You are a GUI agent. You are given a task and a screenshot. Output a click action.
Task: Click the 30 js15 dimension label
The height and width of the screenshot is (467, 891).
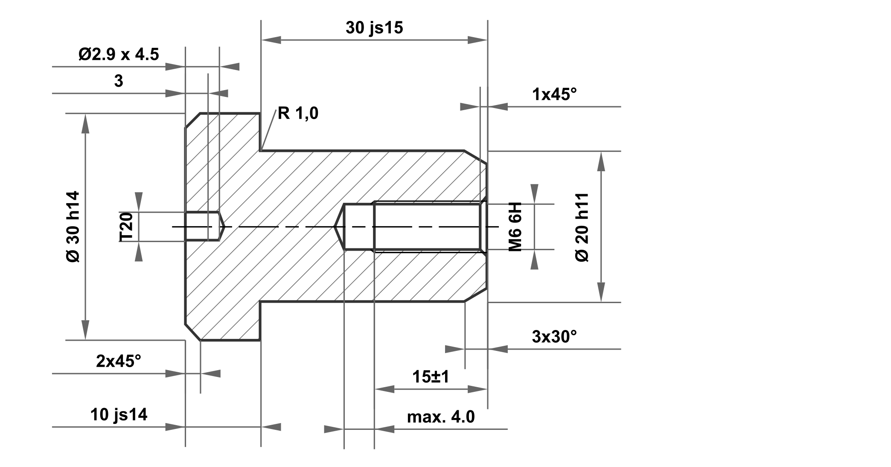pos(374,28)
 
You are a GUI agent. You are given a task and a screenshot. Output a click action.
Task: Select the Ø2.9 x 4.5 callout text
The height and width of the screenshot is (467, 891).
pos(119,55)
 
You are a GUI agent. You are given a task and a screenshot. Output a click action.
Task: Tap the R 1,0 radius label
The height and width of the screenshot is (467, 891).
pos(298,114)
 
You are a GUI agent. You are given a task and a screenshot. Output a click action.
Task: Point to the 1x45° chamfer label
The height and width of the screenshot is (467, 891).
pos(554,94)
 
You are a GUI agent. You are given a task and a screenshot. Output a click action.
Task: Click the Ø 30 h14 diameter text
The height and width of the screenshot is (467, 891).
pos(73,227)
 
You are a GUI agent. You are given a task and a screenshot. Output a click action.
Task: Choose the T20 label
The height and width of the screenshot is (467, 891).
pos(127,227)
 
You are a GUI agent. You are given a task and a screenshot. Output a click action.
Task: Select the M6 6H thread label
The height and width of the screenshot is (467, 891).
pos(515,227)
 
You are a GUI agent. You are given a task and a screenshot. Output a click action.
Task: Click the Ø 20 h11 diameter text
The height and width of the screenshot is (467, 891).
pos(582,227)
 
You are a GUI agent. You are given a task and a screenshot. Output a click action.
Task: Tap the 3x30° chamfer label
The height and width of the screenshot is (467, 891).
pos(554,337)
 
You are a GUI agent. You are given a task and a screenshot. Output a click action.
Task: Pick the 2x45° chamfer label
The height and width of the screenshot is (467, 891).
pos(118,362)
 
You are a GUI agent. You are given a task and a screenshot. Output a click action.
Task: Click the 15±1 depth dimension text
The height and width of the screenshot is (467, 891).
pos(431,377)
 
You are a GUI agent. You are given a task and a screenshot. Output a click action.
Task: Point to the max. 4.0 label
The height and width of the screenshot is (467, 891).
pos(441,417)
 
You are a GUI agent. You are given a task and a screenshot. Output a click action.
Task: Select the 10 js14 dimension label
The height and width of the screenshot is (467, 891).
pos(119,414)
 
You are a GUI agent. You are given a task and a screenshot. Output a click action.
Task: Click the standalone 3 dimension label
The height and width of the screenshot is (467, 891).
pos(119,81)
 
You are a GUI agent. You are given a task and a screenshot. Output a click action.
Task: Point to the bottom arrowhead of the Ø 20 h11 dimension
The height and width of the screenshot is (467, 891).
pos(601,293)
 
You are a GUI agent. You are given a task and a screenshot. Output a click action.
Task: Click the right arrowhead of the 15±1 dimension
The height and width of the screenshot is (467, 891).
pos(478,389)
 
